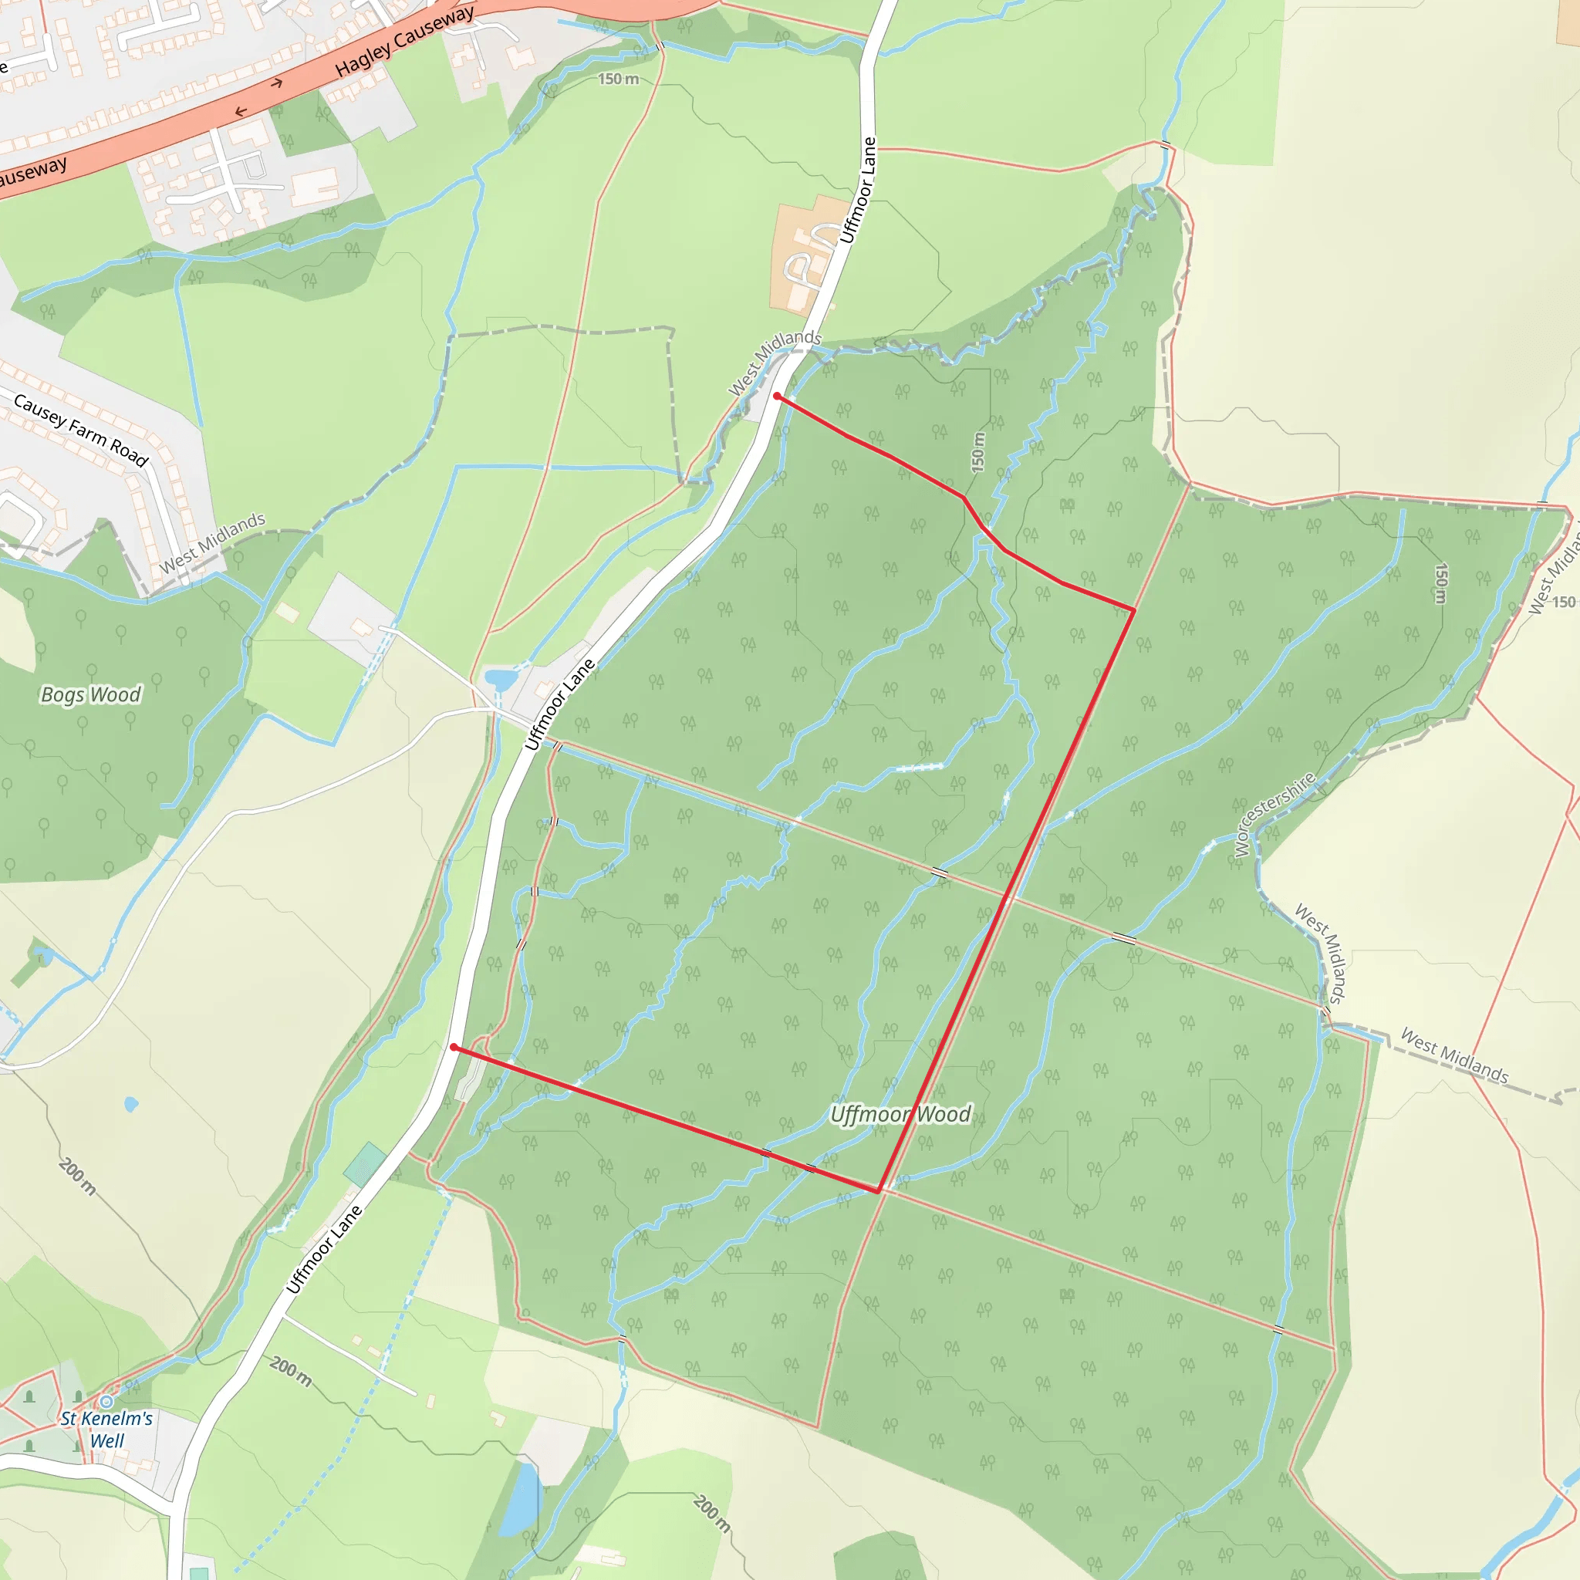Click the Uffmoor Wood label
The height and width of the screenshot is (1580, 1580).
[x=900, y=1114]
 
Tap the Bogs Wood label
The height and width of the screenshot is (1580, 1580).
[x=91, y=694]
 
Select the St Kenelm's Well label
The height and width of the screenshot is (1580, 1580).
[x=107, y=1430]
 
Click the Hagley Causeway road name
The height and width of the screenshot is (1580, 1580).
[x=404, y=42]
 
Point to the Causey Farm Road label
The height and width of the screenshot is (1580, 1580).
[x=81, y=430]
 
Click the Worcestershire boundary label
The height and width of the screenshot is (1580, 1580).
[x=1275, y=813]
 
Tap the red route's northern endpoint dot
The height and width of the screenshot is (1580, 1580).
[x=777, y=397]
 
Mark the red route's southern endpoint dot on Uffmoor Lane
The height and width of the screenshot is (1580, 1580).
[x=454, y=1047]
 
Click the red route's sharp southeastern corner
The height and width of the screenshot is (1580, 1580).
[x=879, y=1191]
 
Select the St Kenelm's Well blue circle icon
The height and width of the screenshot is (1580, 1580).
[x=106, y=1402]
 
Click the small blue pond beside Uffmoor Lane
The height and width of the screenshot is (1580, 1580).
[x=501, y=679]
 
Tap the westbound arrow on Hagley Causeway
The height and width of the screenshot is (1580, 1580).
[x=241, y=111]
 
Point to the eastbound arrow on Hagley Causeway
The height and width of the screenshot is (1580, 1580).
[x=277, y=83]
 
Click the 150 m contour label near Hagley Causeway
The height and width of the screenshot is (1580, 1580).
[x=618, y=79]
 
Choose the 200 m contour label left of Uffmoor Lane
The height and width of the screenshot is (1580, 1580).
[x=78, y=1175]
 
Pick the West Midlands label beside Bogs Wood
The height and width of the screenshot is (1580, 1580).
[x=212, y=543]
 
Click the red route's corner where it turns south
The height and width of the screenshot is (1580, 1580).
[x=1134, y=609]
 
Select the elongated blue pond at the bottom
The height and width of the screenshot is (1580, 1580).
[x=520, y=1499]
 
